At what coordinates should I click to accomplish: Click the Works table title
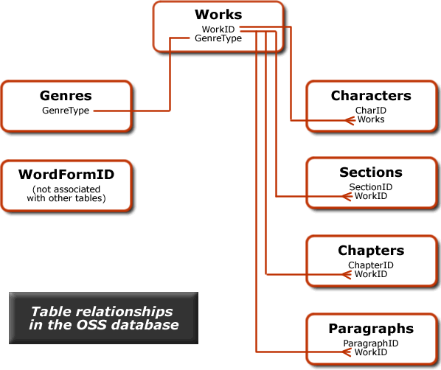pos(218,15)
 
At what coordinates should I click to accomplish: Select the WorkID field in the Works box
pos(218,29)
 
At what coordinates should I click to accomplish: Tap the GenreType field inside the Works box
pos(218,38)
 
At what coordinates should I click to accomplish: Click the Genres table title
pos(66,96)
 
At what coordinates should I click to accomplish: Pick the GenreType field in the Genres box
pos(66,111)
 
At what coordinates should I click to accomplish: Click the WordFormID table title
pos(66,175)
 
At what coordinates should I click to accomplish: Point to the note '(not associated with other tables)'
pos(66,193)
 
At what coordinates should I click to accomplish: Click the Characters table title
pos(371,96)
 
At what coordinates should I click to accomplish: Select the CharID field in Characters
pos(371,111)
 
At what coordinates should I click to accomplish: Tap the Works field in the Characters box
pos(371,119)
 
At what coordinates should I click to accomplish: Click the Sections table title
pos(371,172)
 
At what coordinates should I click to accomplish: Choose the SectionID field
pos(371,187)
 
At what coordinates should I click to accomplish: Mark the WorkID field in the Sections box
pos(371,196)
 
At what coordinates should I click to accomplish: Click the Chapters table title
pos(371,251)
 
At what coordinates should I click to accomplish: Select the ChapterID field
pos(371,265)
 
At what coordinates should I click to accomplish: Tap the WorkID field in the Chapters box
pos(371,274)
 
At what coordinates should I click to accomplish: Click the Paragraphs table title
pos(371,328)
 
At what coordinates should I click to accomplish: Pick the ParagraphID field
pos(371,343)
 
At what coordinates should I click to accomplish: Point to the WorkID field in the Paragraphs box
pos(371,352)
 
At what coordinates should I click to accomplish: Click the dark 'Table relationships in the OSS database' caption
pos(103,318)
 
